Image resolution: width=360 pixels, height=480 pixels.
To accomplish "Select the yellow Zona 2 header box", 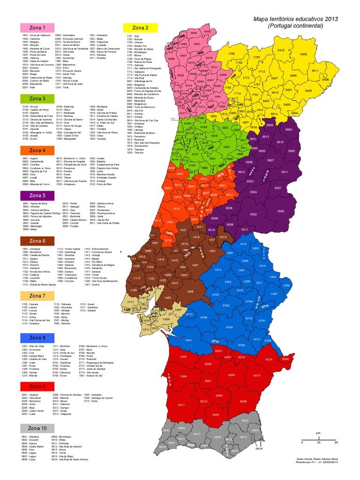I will click(141, 27).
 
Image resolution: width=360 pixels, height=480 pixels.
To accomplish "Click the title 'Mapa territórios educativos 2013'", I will click(295, 18).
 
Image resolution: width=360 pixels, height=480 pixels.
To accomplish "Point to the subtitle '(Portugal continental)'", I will click(295, 26).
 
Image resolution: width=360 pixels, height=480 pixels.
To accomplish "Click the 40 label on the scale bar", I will click(336, 442).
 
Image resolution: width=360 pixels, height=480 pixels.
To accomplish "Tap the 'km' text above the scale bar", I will click(318, 432).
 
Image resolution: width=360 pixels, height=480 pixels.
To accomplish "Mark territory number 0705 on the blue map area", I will click(229, 327).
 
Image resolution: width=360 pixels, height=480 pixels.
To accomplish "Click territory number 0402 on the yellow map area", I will click(303, 54).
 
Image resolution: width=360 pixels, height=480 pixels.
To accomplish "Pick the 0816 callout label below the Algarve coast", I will click(259, 449).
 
